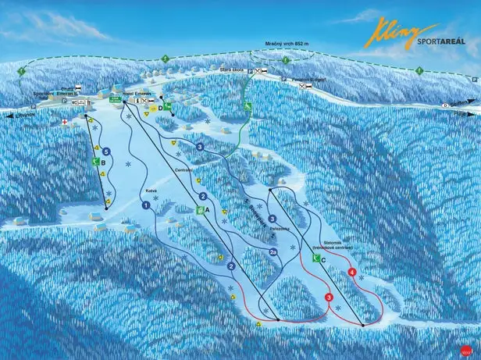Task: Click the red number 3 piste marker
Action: pos(329,298)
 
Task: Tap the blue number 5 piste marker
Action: pos(104,151)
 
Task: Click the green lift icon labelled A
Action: pos(201,209)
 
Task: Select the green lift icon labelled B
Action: pos(95,162)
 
